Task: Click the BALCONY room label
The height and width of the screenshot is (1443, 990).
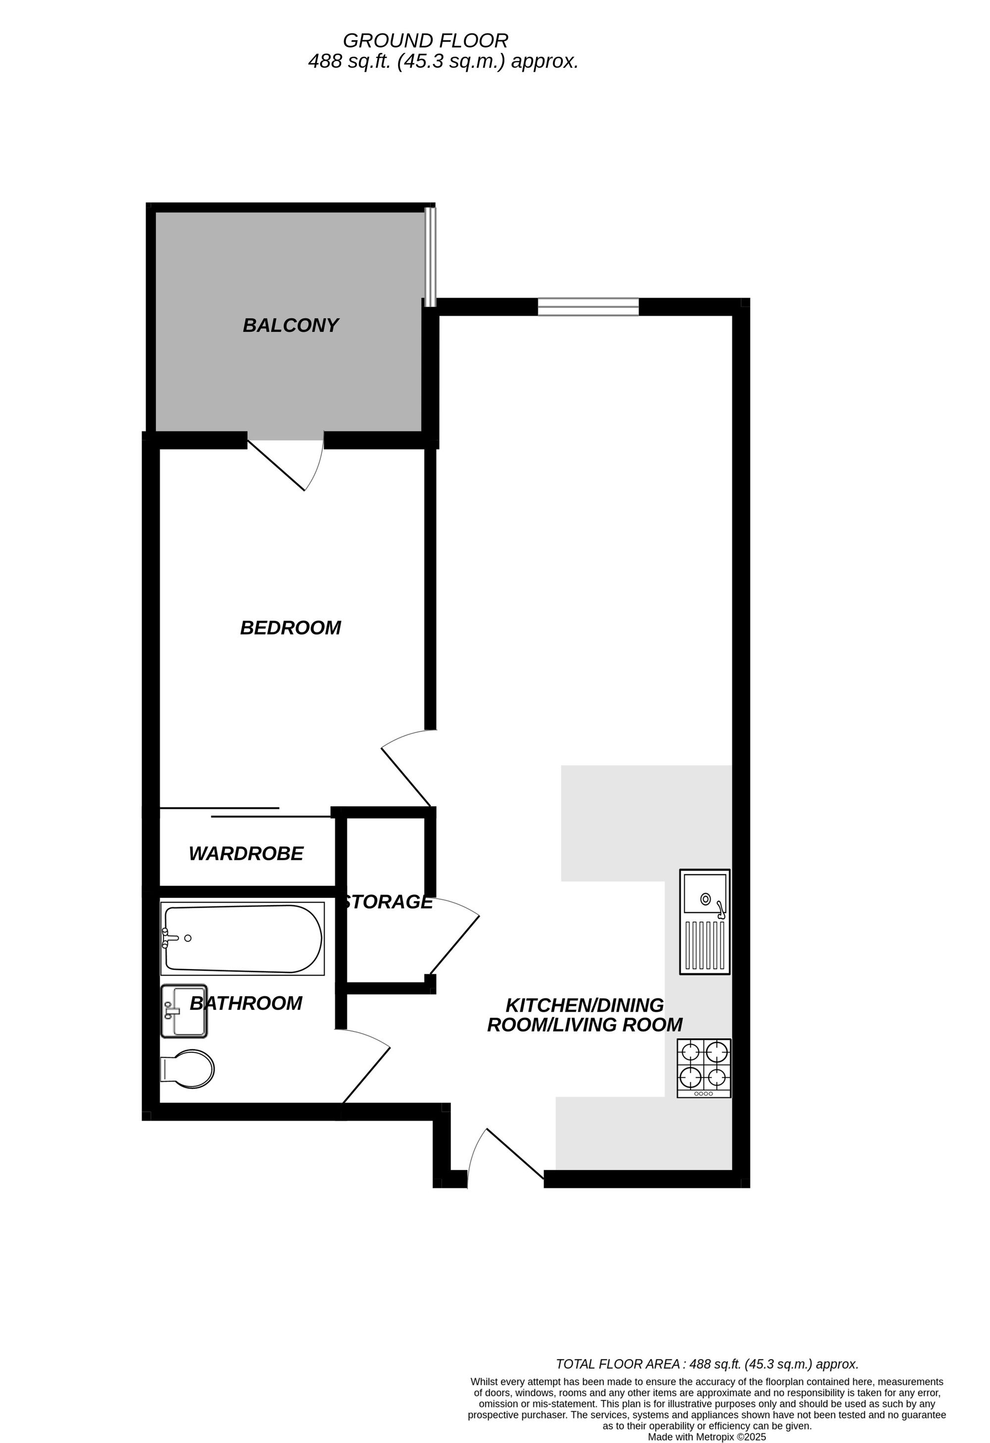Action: coord(291,325)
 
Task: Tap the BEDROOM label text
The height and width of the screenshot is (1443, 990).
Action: coord(291,628)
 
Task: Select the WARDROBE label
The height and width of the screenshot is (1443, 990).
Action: coord(246,854)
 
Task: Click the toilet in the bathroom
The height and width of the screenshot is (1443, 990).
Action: coord(187,1069)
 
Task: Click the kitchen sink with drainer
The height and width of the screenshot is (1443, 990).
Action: coord(704,922)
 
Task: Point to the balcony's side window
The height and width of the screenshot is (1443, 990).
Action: coord(430,256)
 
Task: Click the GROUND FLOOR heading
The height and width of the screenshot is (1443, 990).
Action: coord(425,41)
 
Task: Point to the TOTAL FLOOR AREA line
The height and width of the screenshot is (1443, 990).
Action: coord(707,1364)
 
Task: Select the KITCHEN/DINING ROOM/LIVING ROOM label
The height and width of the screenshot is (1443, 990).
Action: coord(585,1015)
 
